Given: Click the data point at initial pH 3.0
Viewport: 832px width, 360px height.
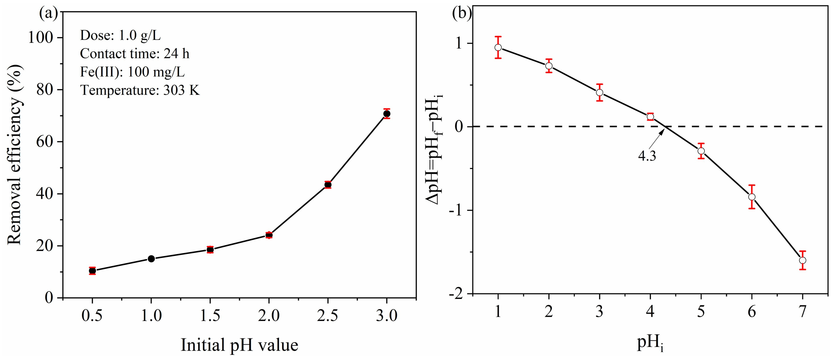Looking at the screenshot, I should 387,114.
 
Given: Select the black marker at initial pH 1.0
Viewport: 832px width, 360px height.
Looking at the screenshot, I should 151,259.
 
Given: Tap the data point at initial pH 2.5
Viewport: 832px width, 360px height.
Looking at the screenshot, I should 328,185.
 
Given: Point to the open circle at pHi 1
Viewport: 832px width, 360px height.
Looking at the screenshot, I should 498,48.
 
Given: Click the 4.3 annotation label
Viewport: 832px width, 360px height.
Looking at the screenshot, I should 647,156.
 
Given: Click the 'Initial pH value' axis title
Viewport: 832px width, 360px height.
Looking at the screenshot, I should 239,345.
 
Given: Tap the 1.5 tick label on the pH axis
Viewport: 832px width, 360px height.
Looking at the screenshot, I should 210,315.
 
